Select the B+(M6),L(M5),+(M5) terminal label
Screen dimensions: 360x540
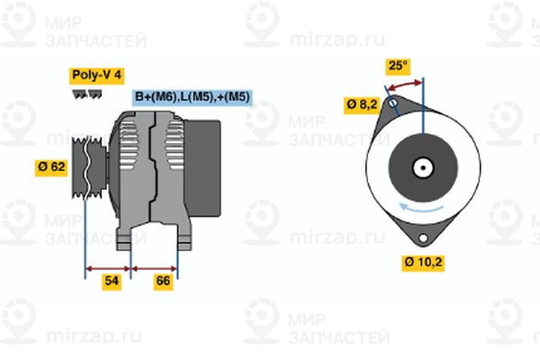click(192, 96)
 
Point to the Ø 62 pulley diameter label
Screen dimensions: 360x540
click(51, 166)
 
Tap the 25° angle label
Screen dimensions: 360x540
click(397, 65)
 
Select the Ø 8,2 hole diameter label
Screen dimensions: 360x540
click(361, 105)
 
